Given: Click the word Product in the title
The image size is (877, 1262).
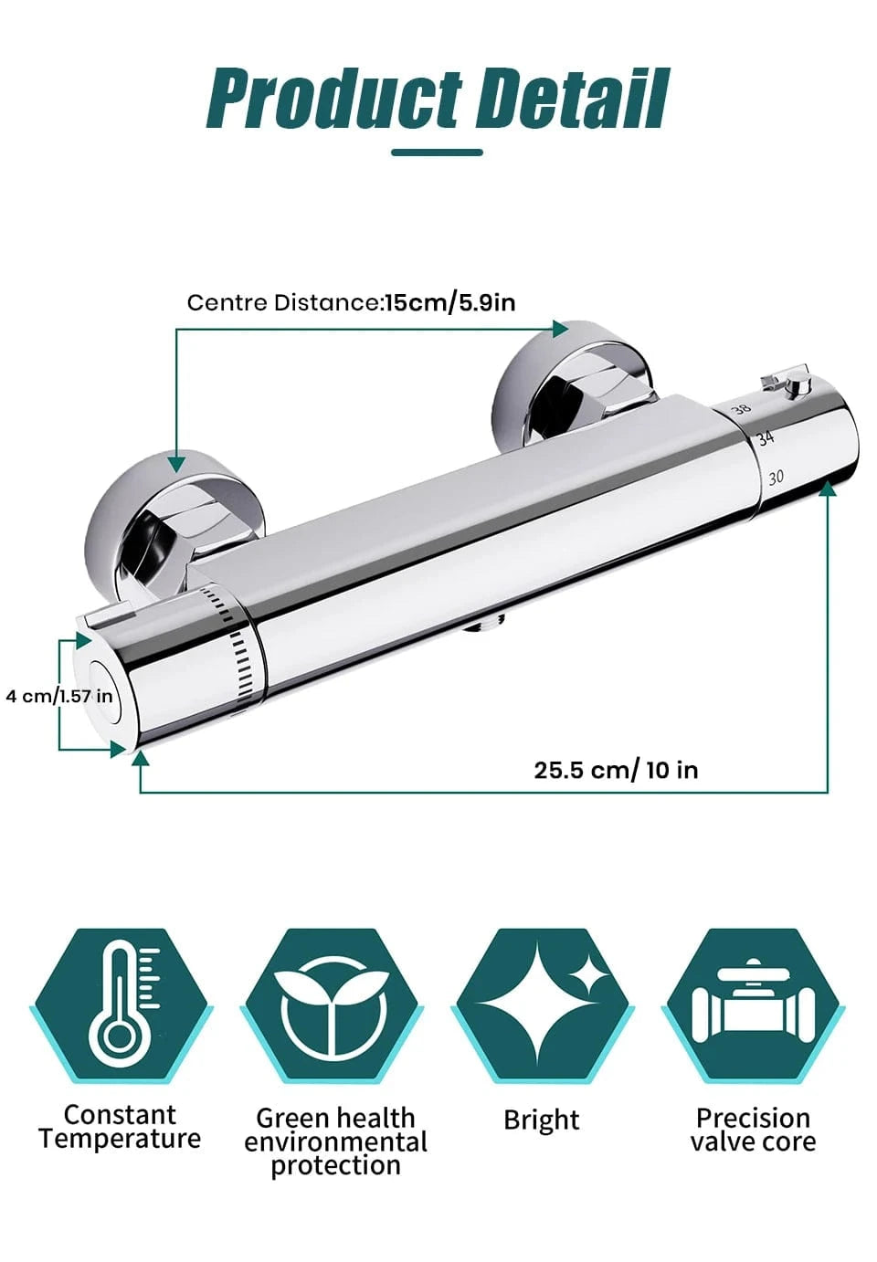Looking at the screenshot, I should click(333, 99).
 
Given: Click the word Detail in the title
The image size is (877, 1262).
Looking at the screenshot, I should click(573, 99).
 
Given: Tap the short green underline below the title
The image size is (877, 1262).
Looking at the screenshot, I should click(437, 152).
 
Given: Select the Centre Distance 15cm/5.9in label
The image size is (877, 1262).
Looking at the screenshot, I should click(351, 302).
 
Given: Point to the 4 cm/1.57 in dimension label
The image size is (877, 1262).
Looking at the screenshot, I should click(59, 696).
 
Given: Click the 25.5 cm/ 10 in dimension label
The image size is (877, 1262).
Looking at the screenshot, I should click(616, 770).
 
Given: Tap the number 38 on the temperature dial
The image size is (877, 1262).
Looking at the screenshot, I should click(741, 409).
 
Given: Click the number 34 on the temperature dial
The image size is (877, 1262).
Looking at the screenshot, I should click(766, 438).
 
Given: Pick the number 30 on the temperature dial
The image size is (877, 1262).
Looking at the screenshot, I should click(776, 477).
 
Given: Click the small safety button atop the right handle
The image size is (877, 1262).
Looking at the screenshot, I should click(798, 384).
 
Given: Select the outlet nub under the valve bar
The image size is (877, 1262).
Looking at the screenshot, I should click(483, 625).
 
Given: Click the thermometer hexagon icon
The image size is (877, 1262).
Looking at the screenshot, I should click(122, 1006).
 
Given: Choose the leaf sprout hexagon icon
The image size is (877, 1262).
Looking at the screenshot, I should click(333, 1006).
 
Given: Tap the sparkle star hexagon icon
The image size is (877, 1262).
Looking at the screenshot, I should click(543, 1006).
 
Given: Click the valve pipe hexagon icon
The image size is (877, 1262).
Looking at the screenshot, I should click(752, 1006).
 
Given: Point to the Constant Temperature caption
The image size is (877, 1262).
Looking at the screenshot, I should click(120, 1127).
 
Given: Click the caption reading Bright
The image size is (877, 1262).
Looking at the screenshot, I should click(542, 1120).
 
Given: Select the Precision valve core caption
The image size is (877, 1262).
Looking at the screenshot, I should click(753, 1130).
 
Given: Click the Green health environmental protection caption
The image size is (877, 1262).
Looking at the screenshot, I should click(335, 1141).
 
